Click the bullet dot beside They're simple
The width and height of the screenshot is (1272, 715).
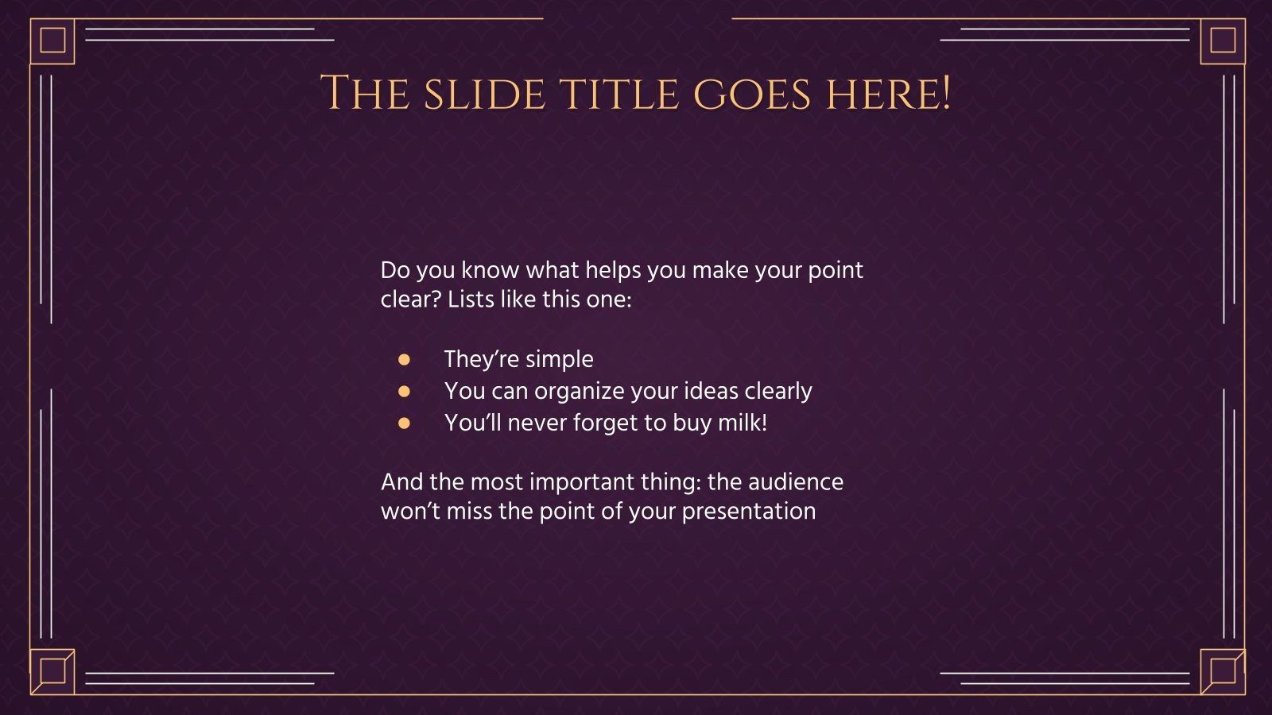click(404, 360)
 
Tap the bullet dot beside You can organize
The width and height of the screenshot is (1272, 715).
click(404, 392)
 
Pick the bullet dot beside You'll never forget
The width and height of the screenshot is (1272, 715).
click(404, 423)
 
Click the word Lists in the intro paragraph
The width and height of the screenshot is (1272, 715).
click(468, 300)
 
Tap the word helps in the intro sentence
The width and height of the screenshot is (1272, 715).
click(613, 270)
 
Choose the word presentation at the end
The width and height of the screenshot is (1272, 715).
click(748, 512)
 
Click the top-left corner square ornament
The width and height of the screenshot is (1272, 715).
click(52, 41)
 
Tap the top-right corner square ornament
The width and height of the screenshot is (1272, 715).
click(1222, 41)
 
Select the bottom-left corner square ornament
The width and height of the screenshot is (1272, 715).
click(52, 671)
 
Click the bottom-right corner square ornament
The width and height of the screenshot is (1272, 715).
click(1222, 671)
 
